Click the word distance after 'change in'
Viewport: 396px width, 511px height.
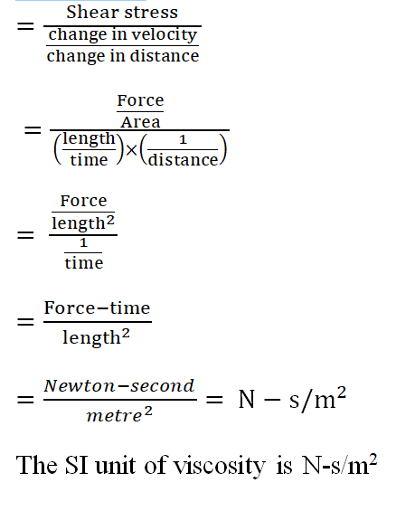click(165, 55)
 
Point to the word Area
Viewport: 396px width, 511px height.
click(140, 122)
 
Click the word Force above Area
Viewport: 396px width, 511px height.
click(140, 100)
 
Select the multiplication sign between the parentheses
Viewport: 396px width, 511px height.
click(131, 150)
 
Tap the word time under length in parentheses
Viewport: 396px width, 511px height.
click(89, 160)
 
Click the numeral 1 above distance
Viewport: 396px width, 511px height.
click(183, 140)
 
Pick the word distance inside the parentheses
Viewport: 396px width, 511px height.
click(183, 160)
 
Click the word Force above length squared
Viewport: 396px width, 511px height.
click(83, 201)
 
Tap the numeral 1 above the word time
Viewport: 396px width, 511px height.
click(83, 242)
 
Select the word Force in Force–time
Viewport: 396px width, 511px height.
click(71, 308)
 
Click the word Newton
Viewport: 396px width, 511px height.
click(80, 386)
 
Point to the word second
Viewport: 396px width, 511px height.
click(162, 386)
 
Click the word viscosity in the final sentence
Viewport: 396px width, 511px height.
click(219, 466)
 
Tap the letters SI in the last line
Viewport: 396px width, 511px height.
click(77, 465)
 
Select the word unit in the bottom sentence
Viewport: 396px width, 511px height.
click(116, 466)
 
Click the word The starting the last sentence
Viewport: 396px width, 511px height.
click(37, 465)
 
